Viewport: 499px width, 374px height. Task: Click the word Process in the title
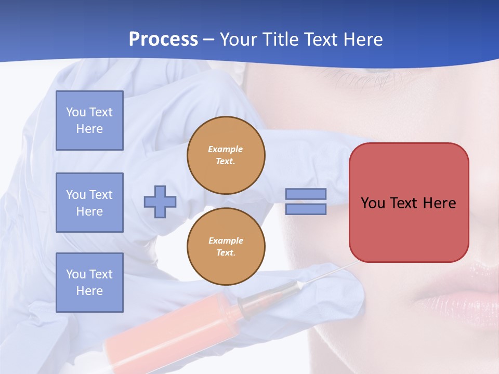click(163, 39)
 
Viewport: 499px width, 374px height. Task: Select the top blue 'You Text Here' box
click(89, 121)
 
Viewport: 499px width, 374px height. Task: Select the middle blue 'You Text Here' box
click(89, 203)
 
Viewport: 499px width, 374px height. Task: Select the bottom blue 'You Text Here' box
click(89, 283)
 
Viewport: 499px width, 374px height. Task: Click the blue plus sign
click(160, 202)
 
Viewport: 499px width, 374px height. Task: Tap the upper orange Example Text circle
click(226, 155)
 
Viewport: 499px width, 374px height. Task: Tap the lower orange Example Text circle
click(226, 247)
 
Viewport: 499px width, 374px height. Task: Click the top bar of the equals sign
click(306, 194)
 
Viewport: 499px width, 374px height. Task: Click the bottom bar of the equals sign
click(306, 209)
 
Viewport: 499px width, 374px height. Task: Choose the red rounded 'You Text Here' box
click(409, 203)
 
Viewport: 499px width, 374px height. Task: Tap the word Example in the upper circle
click(226, 149)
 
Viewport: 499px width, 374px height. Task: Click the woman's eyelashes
click(359, 81)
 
